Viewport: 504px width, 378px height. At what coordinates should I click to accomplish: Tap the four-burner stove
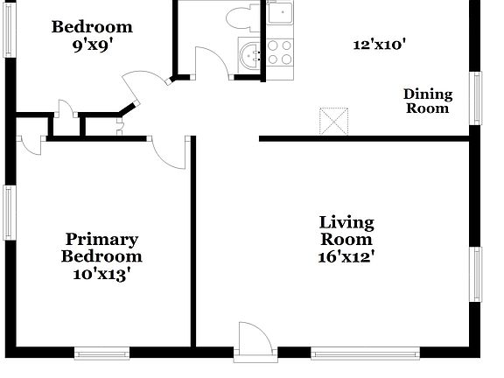click(x=279, y=52)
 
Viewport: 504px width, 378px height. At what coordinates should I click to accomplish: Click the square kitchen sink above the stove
click(x=280, y=14)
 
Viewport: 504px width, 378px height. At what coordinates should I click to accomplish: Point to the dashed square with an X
click(x=333, y=122)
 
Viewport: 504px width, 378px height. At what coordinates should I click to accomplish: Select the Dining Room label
click(x=427, y=101)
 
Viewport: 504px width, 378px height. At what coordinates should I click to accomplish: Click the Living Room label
click(x=346, y=231)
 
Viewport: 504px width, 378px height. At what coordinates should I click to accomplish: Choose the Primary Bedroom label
click(x=101, y=248)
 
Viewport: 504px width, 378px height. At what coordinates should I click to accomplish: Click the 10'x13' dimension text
click(x=101, y=274)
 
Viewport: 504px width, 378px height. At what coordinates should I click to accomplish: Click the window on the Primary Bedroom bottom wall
click(x=102, y=354)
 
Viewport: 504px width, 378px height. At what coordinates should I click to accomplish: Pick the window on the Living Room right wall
click(x=477, y=274)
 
